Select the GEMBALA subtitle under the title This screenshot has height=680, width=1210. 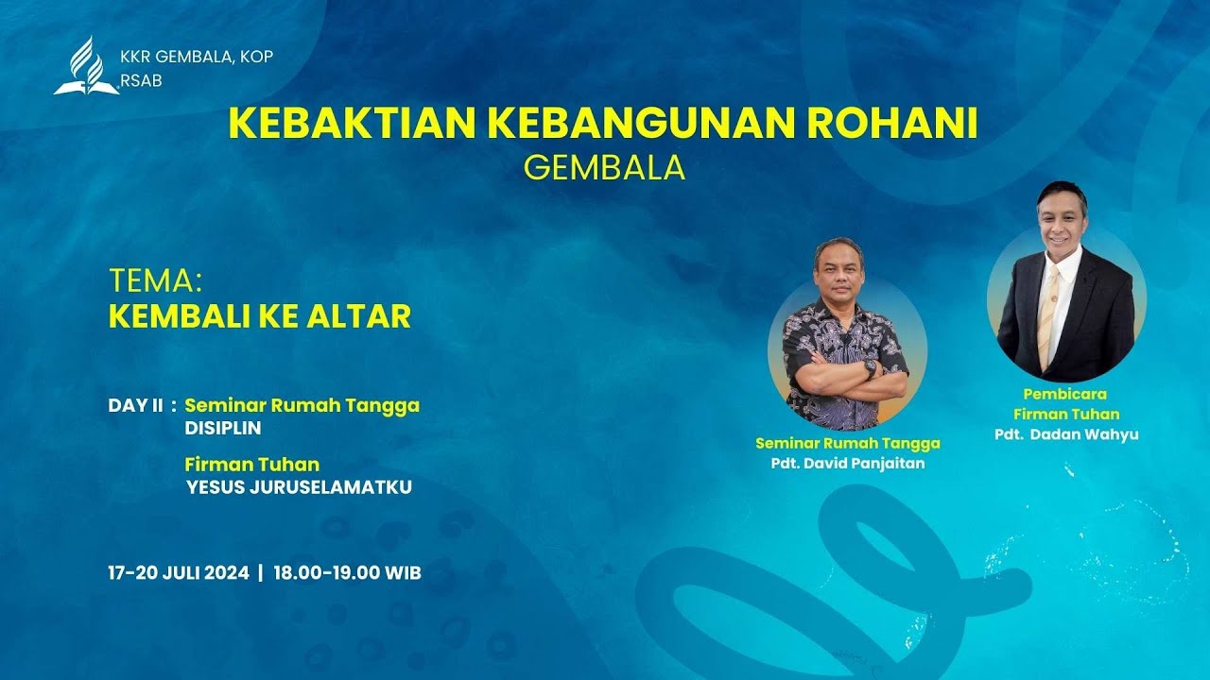coord(604,167)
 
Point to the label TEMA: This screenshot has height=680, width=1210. coord(156,280)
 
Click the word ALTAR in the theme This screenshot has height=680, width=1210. coord(364,316)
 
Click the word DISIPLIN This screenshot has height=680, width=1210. coord(223,428)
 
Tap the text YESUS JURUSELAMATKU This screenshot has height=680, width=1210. coord(299,487)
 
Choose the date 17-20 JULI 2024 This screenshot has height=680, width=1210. coord(179,572)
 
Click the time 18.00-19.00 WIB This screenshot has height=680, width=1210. coord(347,572)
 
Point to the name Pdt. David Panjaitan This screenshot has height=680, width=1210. coord(847,463)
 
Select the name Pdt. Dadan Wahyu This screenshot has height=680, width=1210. coord(1066,434)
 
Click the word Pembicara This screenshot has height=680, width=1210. coord(1064,393)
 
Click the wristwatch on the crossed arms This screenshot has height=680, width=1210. coord(869,367)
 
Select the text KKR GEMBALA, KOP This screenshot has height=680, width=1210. coord(197,57)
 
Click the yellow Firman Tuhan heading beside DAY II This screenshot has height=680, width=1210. coord(251,465)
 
